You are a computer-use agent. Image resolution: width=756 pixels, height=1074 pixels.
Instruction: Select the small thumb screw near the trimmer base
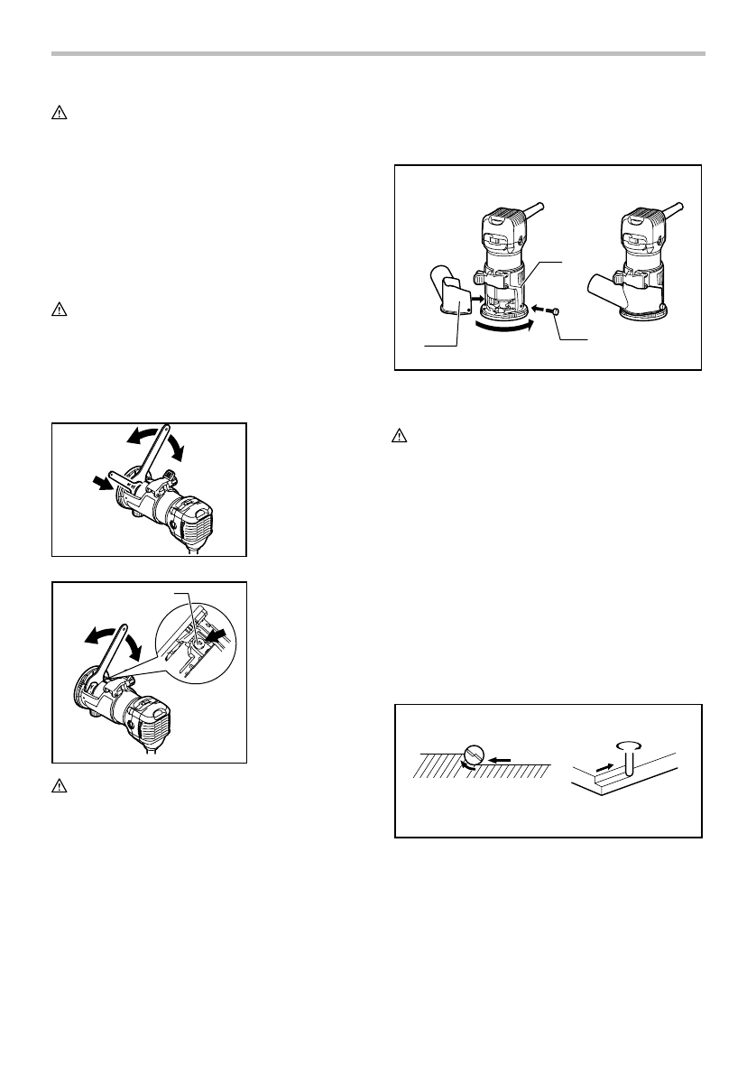point(556,310)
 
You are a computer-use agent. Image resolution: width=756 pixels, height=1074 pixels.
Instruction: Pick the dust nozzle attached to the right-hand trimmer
point(600,291)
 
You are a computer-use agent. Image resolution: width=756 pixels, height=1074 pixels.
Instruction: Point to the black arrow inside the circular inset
point(216,639)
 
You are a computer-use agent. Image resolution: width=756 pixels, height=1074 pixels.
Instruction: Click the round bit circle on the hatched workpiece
point(476,755)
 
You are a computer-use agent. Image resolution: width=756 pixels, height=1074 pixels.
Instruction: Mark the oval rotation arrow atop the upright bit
point(627,745)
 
